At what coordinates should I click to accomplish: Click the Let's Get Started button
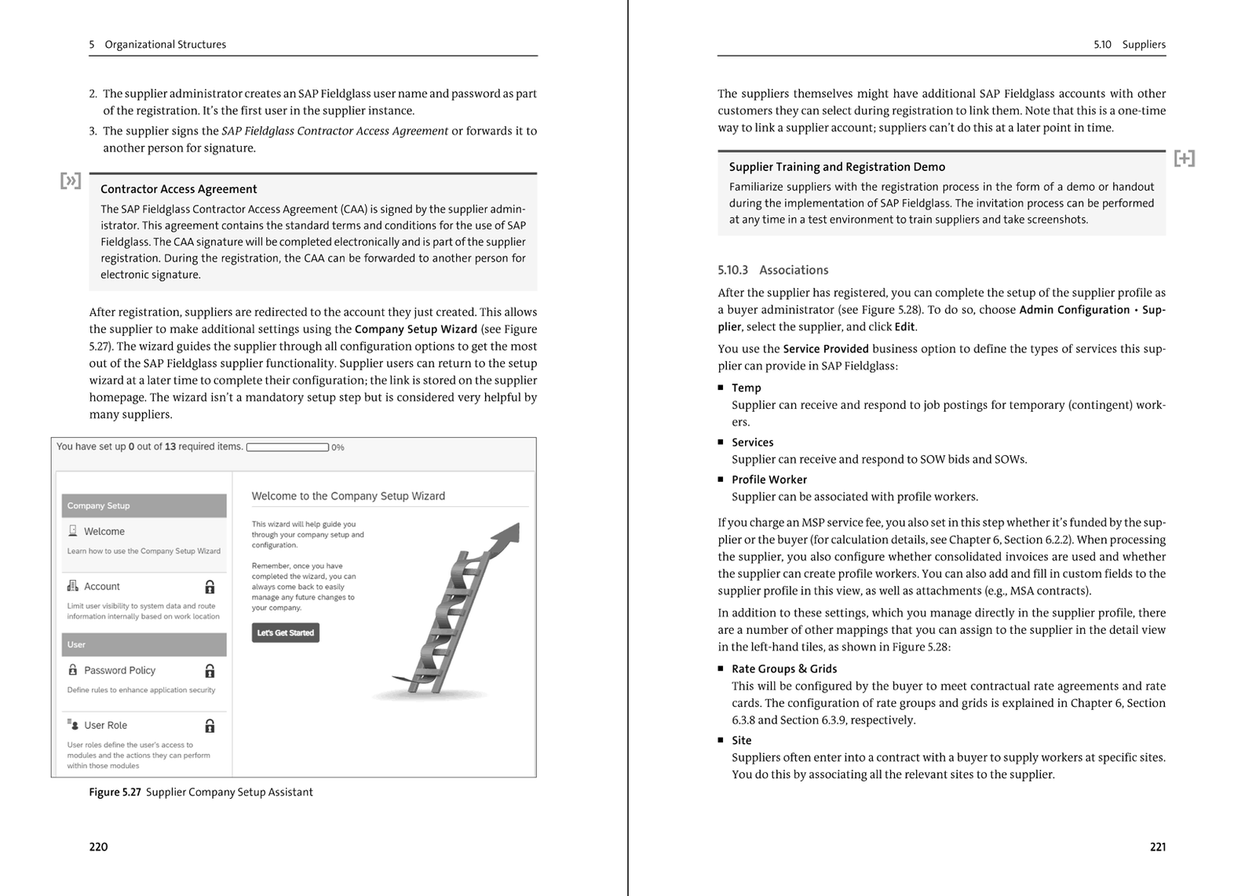coord(285,632)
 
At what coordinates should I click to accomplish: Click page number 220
coord(98,847)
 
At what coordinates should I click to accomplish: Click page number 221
coord(1157,847)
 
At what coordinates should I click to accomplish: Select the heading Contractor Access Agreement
coord(178,189)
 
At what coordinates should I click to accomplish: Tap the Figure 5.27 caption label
coord(115,792)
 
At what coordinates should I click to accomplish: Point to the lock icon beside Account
coord(210,587)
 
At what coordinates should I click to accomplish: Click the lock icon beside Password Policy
coord(210,671)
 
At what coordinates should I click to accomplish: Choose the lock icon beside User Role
coord(210,726)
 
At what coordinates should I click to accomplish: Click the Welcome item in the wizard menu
coord(104,531)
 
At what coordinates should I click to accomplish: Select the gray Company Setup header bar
coord(144,505)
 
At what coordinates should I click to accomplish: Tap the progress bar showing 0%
coord(287,447)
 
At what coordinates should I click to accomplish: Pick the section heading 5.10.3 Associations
coord(772,270)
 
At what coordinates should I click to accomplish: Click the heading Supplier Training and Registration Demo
coord(837,167)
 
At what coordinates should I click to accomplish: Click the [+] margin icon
coord(1184,158)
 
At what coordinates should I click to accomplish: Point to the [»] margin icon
coord(71,181)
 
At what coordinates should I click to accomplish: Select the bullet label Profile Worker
coord(769,479)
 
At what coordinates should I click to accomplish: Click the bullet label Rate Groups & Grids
coord(783,668)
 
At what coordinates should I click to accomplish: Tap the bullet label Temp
coord(746,388)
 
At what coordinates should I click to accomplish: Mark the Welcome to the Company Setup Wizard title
coord(348,496)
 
